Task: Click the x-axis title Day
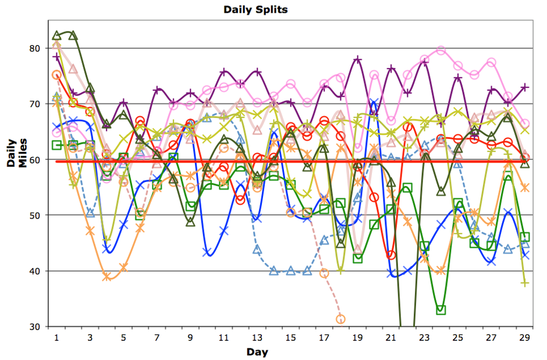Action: [x=257, y=352]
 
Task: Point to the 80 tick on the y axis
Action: [x=34, y=48]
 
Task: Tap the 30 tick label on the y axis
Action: [x=34, y=327]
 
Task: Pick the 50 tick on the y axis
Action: [x=34, y=215]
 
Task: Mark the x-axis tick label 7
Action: [x=157, y=337]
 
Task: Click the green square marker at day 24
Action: [x=441, y=310]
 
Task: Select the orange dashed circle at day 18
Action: [x=341, y=319]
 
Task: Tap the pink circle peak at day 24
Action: [x=441, y=51]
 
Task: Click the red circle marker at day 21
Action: [x=391, y=255]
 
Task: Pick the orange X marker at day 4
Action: [x=107, y=277]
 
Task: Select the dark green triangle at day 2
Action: [x=73, y=35]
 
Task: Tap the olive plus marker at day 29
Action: [x=525, y=283]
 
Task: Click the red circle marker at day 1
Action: [x=56, y=75]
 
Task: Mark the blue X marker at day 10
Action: [x=207, y=252]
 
